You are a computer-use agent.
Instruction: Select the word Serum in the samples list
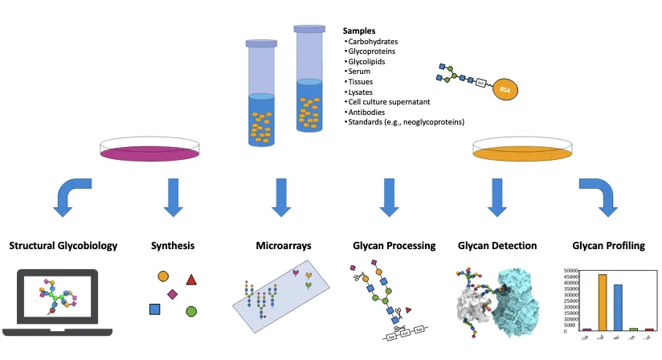[x=359, y=71]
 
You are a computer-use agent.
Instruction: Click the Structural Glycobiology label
[x=63, y=245]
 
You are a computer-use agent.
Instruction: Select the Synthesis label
[x=173, y=245]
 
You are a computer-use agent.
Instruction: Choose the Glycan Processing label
[x=394, y=245]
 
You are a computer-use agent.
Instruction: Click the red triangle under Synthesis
[x=191, y=280]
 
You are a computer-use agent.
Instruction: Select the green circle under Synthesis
[x=191, y=311]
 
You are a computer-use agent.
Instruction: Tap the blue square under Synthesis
[x=154, y=309]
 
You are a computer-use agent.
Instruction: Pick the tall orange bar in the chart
[x=602, y=302]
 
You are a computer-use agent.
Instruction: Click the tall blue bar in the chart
[x=618, y=307]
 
